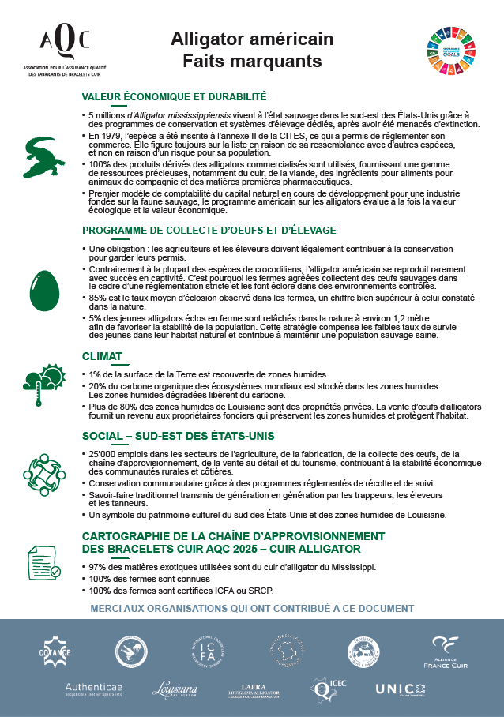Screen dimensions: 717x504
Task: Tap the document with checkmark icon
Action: pos(44,561)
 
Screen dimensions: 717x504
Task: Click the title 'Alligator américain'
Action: pos(252,39)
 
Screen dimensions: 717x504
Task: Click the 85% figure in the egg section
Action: pos(99,298)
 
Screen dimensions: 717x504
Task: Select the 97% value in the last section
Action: pos(98,567)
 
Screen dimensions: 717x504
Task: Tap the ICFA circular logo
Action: pos(208,651)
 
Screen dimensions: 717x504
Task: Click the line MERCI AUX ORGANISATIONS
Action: pos(252,608)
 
